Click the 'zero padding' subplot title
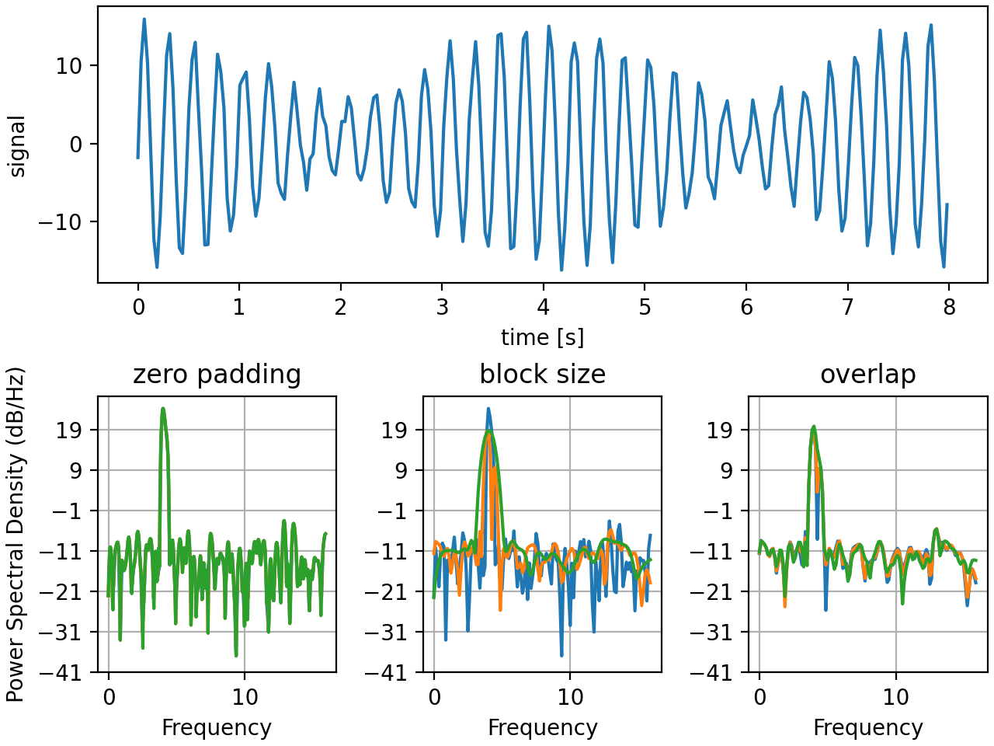point(217,375)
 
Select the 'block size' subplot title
point(542,375)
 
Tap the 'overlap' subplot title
point(867,375)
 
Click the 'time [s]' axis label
point(542,337)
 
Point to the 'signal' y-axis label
point(17,146)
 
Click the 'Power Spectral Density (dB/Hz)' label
point(16,535)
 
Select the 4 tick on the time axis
point(543,307)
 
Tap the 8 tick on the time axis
point(949,307)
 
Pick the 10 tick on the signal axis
point(68,66)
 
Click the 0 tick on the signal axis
point(75,145)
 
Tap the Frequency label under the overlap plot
point(867,728)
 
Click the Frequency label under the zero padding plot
point(217,728)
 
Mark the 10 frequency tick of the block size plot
point(571,697)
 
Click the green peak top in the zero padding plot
point(163,408)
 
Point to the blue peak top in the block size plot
point(488,408)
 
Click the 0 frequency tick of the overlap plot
point(759,697)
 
